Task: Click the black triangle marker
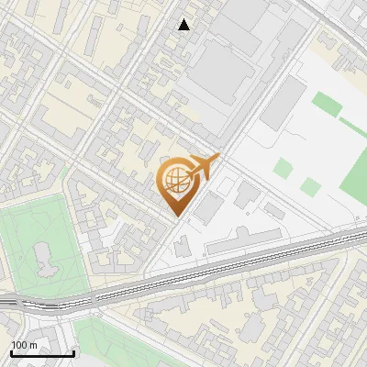click(x=184, y=25)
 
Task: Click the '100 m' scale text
click(x=24, y=345)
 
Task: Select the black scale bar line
click(x=42, y=353)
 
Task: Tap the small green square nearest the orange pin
click(x=284, y=168)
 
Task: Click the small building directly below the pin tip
click(x=181, y=246)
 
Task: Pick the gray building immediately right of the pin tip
click(x=207, y=208)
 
